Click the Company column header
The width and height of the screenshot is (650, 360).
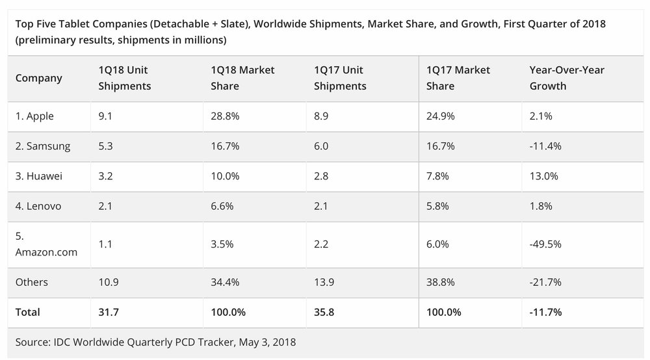[x=39, y=78]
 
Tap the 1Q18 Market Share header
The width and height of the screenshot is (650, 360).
[x=242, y=77]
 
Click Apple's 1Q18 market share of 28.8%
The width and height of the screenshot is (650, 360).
[x=225, y=116]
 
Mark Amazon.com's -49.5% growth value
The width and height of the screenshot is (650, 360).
[x=546, y=244]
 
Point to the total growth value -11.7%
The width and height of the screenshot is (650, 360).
[x=546, y=312]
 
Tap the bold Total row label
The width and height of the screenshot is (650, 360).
[x=28, y=312]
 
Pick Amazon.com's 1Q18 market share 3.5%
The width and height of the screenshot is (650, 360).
[x=222, y=244]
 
